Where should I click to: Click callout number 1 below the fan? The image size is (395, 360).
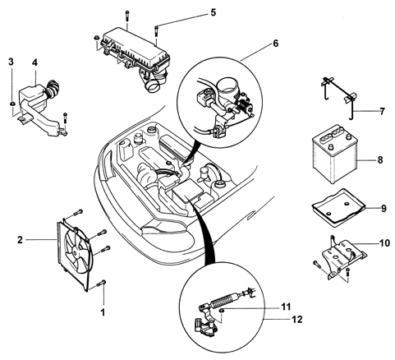point(103,312)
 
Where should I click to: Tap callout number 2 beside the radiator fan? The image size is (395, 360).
point(20,240)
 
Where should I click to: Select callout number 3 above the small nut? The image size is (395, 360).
point(11,62)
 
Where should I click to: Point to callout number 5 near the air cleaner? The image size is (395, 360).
point(213,12)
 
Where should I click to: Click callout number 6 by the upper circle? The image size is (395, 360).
point(275,44)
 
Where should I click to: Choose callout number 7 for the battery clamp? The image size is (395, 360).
point(382,111)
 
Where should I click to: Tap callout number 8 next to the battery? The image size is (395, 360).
point(380,159)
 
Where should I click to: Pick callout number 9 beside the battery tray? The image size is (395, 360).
point(384,209)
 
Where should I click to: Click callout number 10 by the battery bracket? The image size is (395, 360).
point(384,242)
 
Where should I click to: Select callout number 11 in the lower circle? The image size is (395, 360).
point(286,307)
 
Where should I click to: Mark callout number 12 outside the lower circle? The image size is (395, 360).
point(296,320)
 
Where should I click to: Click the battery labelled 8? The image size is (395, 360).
point(334,155)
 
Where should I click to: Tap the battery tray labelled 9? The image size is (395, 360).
point(338,207)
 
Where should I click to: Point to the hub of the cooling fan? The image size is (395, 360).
point(76,253)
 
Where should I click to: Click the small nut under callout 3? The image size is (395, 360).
point(12,104)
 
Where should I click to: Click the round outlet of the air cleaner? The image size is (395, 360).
point(153,86)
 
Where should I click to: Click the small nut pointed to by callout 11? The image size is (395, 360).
point(222,310)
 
